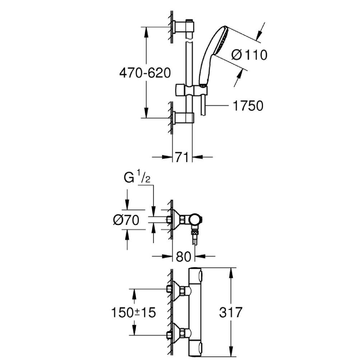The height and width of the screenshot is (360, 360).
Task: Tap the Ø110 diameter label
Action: tap(249, 55)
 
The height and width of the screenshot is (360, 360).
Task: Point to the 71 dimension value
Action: tap(182, 157)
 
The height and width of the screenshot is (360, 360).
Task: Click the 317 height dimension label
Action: tap(246, 312)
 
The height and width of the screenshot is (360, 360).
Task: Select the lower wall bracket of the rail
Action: tap(184, 118)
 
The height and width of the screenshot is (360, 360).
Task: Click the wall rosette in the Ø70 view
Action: tap(176, 220)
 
